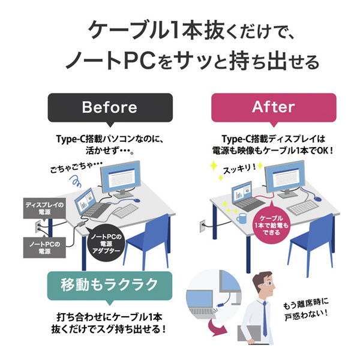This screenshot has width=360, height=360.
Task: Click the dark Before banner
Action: pos(109,108)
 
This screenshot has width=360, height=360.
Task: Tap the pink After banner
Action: pos(273,108)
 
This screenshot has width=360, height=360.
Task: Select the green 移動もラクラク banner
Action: pos(109,284)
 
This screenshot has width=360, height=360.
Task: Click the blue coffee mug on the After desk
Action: pos(241,218)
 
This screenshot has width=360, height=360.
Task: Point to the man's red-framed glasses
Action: pos(262,283)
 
